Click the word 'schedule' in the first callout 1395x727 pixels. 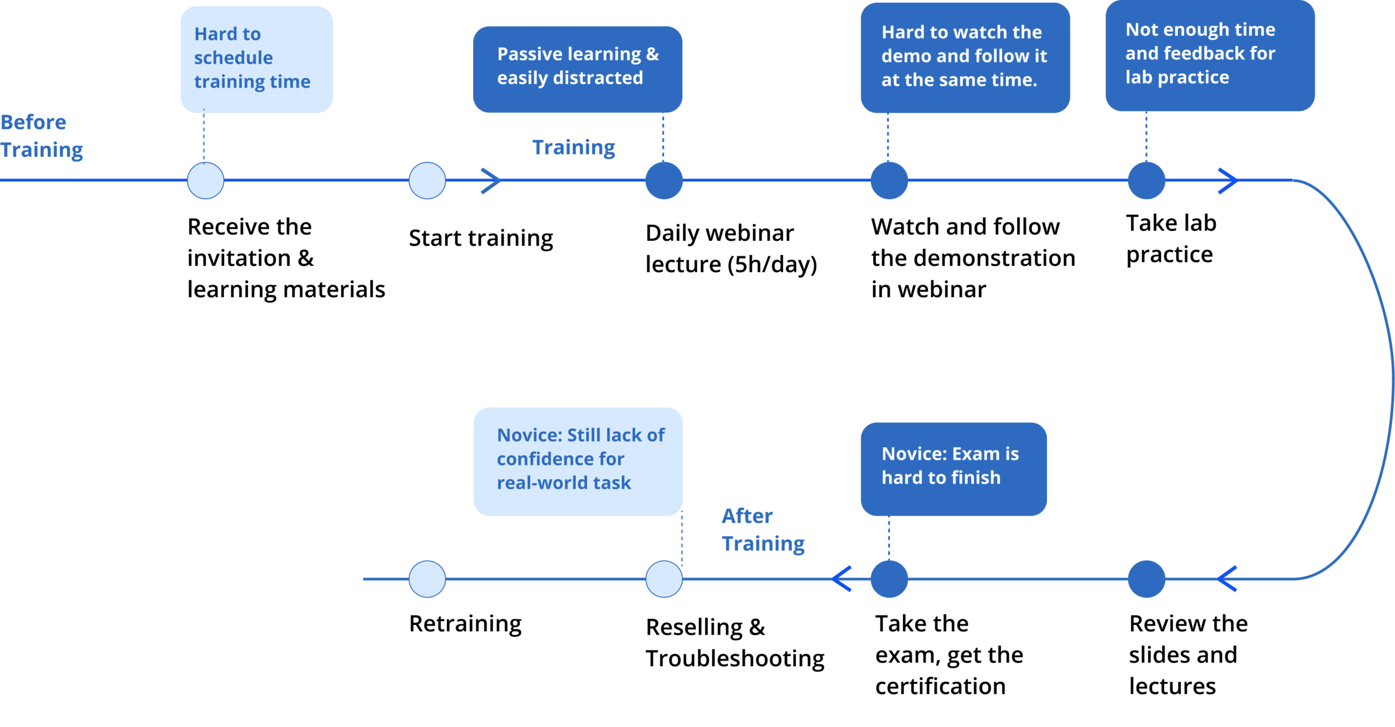pyautogui.click(x=233, y=58)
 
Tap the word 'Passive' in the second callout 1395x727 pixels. pyautogui.click(x=530, y=54)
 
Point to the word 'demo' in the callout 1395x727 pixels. pyautogui.click(x=906, y=56)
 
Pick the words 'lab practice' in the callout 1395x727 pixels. pyautogui.click(x=1177, y=77)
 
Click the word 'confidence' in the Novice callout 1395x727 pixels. pyautogui.click(x=560, y=459)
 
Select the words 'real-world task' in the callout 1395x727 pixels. pyautogui.click(x=564, y=483)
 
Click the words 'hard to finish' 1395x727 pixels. pyautogui.click(x=941, y=478)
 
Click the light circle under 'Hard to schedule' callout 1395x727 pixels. pyautogui.click(x=206, y=181)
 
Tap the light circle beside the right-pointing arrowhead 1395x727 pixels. pyautogui.click(x=427, y=181)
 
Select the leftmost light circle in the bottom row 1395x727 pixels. pyautogui.click(x=427, y=579)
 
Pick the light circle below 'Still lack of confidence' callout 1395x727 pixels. pyautogui.click(x=664, y=579)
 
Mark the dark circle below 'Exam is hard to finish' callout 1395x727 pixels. pyautogui.click(x=888, y=580)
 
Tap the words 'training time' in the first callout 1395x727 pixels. pyautogui.click(x=252, y=82)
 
